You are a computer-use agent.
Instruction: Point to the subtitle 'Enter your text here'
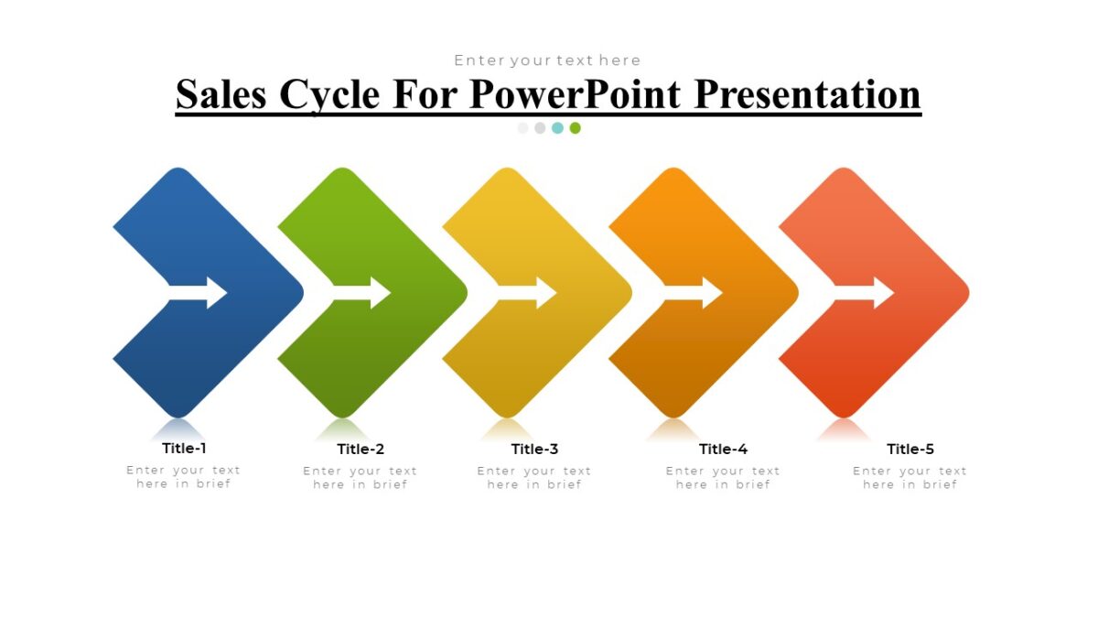[x=547, y=60]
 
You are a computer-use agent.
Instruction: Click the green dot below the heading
[x=575, y=128]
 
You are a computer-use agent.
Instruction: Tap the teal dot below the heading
[x=557, y=128]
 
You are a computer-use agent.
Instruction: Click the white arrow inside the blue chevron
[x=199, y=293]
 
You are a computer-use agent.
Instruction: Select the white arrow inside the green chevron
[x=362, y=293]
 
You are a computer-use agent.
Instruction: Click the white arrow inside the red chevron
[x=864, y=293]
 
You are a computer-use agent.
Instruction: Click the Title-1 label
[x=184, y=448]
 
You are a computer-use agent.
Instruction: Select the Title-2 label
[x=361, y=449]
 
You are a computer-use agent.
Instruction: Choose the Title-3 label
[x=534, y=449]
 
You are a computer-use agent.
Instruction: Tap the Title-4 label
[x=723, y=449]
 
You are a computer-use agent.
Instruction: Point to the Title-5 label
[x=910, y=449]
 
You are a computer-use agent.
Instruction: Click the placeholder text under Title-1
[x=184, y=477]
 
